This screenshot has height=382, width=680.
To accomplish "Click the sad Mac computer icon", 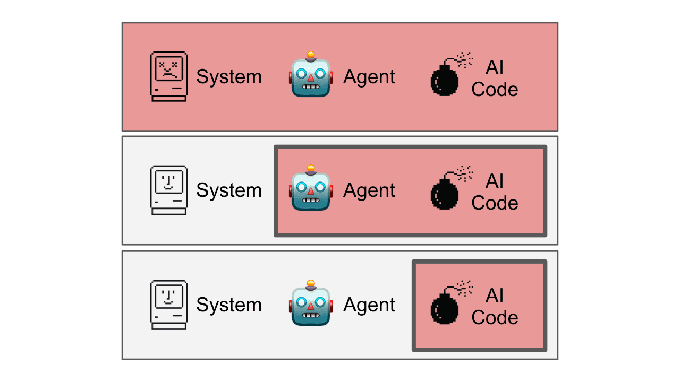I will (169, 76).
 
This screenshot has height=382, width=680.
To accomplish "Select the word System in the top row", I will (229, 77).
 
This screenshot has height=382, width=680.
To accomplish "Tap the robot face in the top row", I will (311, 77).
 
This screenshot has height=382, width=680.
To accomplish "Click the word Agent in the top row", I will (369, 77).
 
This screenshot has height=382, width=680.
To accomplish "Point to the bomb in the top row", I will (445, 80).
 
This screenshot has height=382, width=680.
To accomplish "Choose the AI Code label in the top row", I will (495, 79).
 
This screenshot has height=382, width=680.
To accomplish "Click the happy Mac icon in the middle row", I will (169, 190).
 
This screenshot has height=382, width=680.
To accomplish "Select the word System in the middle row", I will (229, 190).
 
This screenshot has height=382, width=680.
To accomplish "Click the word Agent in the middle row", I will (369, 190).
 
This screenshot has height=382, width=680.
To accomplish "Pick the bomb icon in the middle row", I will (445, 193).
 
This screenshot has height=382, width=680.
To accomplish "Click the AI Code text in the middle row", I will (495, 192).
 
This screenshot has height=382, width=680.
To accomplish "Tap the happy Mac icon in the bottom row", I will (169, 305).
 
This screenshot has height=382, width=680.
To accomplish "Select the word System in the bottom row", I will (229, 305).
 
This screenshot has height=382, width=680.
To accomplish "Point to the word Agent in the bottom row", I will (369, 305).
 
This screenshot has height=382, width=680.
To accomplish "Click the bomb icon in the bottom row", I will (445, 308).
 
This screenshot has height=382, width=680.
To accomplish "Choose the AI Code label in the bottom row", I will (495, 307).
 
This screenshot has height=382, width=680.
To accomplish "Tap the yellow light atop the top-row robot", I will (311, 54).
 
